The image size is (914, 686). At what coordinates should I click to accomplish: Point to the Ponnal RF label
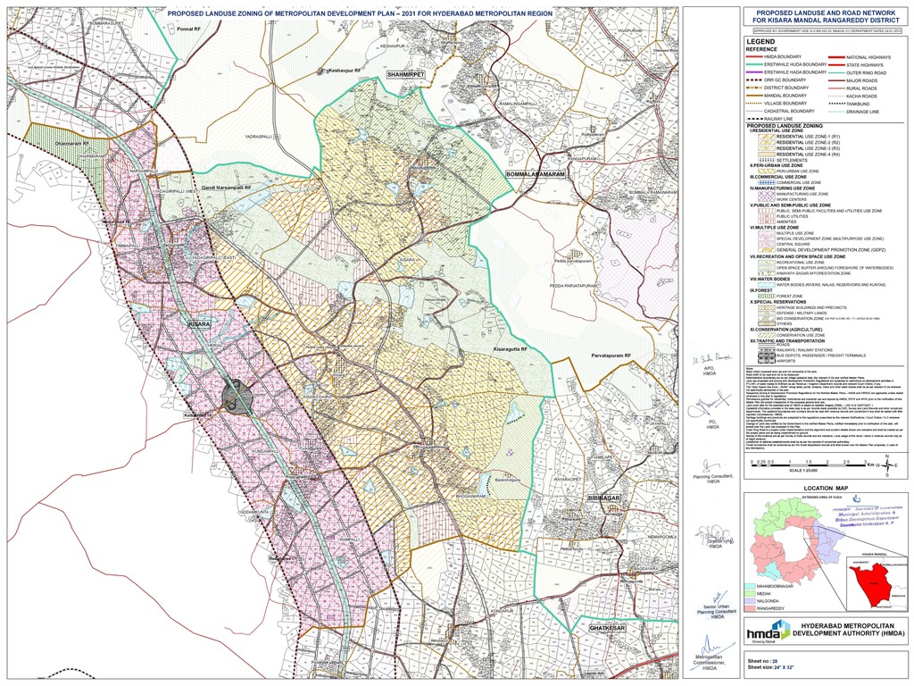(190, 29)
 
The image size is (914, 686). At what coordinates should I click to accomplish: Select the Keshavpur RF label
(344, 70)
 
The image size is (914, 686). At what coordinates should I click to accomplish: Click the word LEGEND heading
(760, 42)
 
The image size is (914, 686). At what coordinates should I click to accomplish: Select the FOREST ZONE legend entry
(790, 296)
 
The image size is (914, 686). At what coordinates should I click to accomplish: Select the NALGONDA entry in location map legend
(769, 599)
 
